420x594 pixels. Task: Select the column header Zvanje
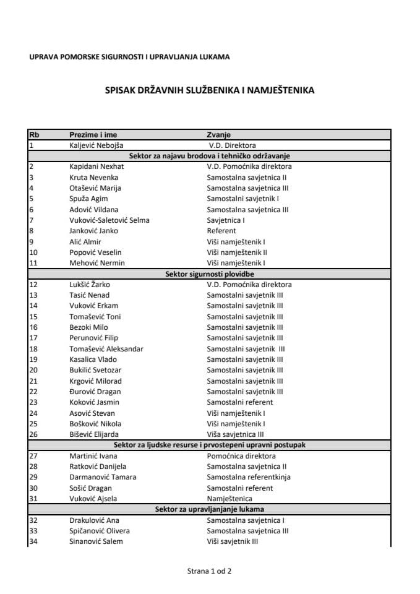[x=218, y=135]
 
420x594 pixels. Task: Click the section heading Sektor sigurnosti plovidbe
[x=209, y=273]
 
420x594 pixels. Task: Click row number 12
[x=33, y=285]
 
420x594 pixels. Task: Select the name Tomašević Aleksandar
[x=106, y=348]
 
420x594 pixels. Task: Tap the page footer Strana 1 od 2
[x=209, y=571]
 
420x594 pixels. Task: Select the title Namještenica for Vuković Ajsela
[x=229, y=499]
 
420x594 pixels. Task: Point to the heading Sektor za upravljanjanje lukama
[x=209, y=509]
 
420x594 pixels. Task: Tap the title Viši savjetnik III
[x=232, y=541]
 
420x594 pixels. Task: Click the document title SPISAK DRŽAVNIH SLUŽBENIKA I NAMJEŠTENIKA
[x=209, y=90]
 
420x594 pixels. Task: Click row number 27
[x=33, y=455]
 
